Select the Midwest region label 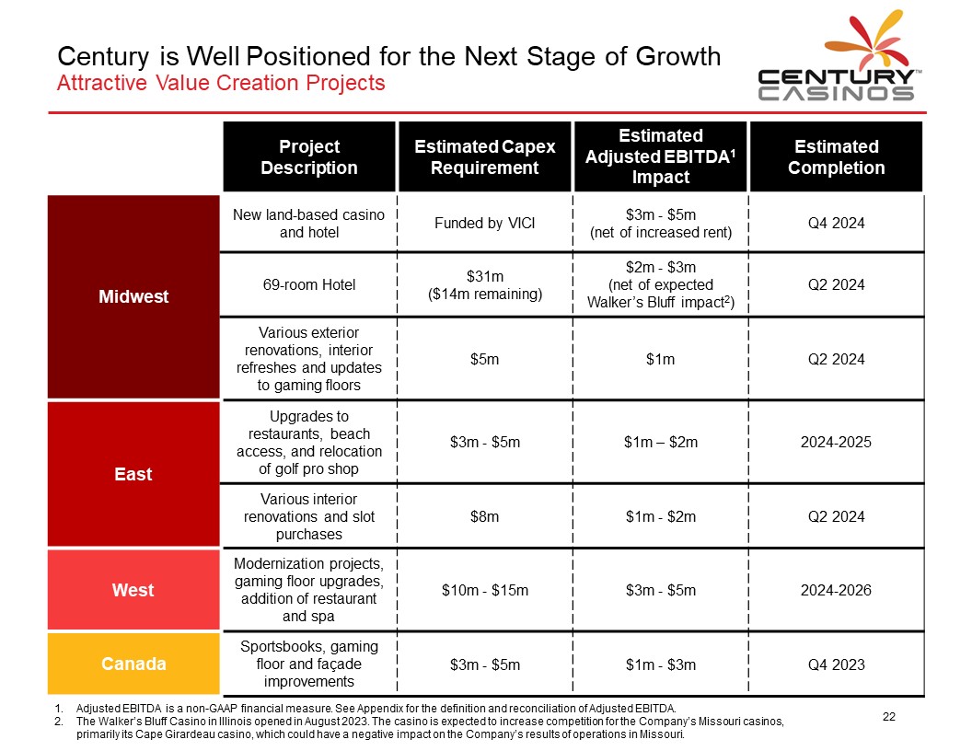pyautogui.click(x=133, y=296)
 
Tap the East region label pyautogui.click(x=133, y=474)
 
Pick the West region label pyautogui.click(x=133, y=590)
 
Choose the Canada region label pyautogui.click(x=133, y=664)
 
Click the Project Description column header pyautogui.click(x=309, y=156)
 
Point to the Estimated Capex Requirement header pyautogui.click(x=485, y=156)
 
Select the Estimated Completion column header pyautogui.click(x=837, y=156)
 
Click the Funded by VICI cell pyautogui.click(x=485, y=223)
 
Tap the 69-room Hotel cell pyautogui.click(x=309, y=285)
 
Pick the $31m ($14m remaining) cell pyautogui.click(x=485, y=285)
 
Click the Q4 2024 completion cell pyautogui.click(x=837, y=223)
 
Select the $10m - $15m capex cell pyautogui.click(x=485, y=590)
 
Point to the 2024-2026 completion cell pyautogui.click(x=837, y=590)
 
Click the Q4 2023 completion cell pyautogui.click(x=837, y=664)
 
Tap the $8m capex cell pyautogui.click(x=485, y=516)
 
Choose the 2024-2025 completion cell pyautogui.click(x=837, y=442)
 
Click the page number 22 pyautogui.click(x=889, y=717)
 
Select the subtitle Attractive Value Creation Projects pyautogui.click(x=221, y=83)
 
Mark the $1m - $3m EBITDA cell pyautogui.click(x=661, y=664)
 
